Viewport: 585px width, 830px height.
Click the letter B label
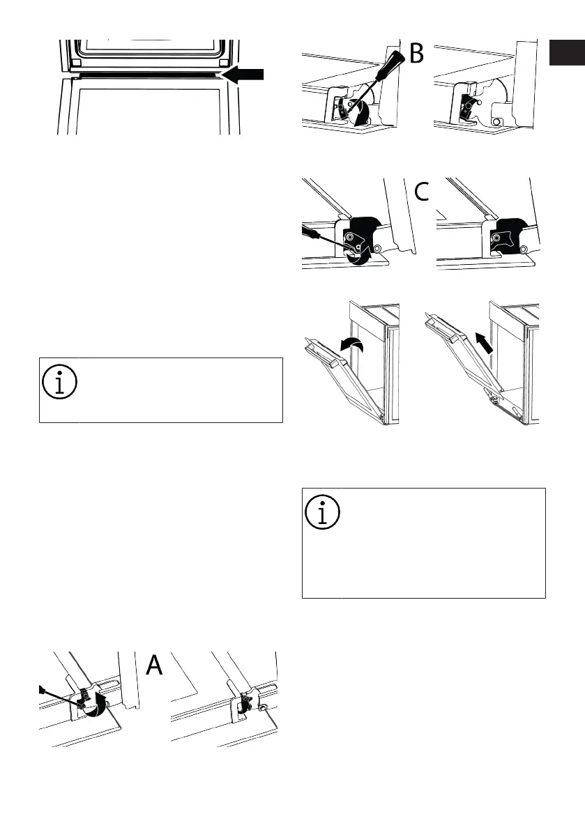click(416, 53)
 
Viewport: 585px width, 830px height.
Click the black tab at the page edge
click(565, 54)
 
